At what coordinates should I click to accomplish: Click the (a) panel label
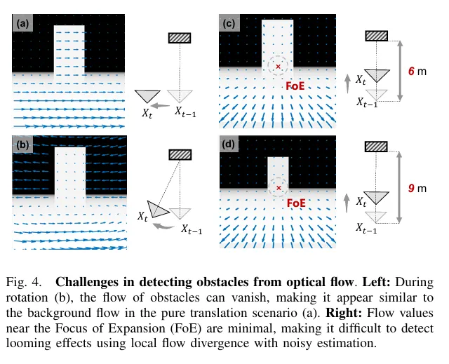coord(22,23)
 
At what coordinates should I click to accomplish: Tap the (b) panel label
coord(22,144)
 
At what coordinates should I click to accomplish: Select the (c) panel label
coord(229,23)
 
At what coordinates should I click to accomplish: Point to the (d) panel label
coord(229,144)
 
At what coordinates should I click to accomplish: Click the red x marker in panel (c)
coord(278,67)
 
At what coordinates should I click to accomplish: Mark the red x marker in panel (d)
coord(279,188)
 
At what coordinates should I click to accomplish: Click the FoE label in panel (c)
coord(295,86)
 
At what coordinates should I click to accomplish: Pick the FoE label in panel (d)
coord(296,203)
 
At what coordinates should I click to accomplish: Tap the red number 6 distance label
coord(412,71)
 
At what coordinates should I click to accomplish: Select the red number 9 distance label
coord(412,188)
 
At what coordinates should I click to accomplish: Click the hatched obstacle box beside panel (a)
coord(180,38)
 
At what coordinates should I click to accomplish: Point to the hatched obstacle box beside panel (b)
coord(180,155)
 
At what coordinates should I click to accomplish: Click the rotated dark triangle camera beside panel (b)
coord(157,210)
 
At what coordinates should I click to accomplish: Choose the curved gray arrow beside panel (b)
coord(163,227)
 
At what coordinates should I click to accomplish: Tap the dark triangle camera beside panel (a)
coord(147,96)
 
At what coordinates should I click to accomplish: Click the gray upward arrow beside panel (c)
coord(347,83)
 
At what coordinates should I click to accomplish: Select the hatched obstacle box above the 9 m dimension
coord(376,147)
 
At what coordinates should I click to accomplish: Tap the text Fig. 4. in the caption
coord(24,282)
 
